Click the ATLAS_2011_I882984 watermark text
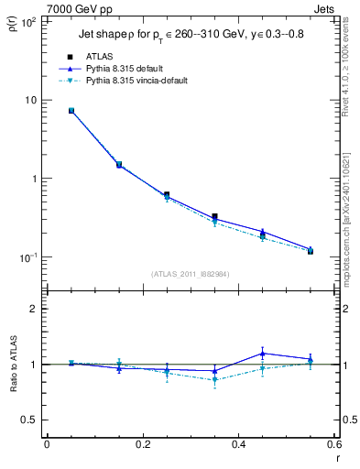click(x=190, y=273)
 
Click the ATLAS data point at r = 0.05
click(x=71, y=111)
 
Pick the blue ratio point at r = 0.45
click(x=263, y=354)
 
